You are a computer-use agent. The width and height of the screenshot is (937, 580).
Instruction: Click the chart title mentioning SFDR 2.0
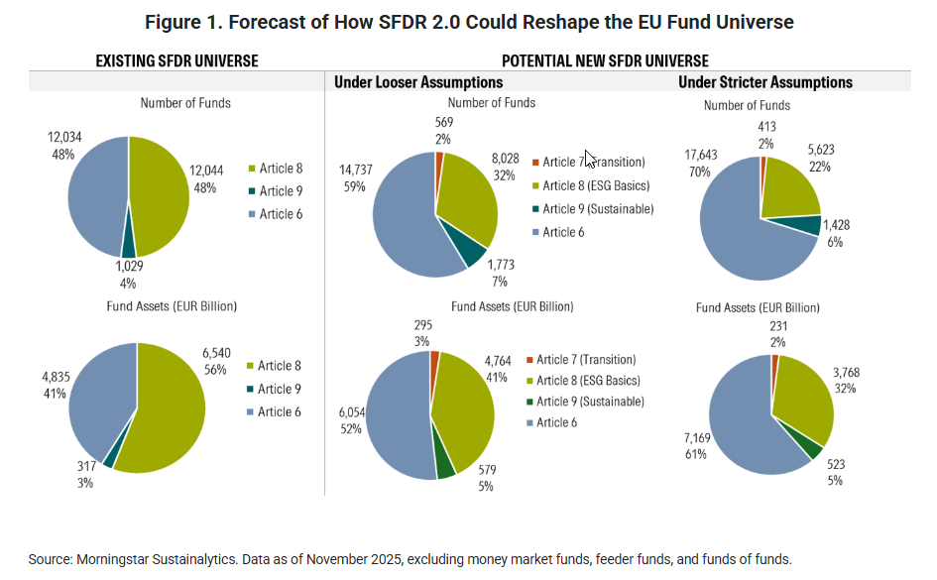[x=469, y=22]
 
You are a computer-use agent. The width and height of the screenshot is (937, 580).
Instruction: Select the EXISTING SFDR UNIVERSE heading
[x=176, y=60]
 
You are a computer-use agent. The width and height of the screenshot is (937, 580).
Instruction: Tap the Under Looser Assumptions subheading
[x=418, y=82]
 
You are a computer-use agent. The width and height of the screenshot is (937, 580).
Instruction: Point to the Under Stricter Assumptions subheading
[x=765, y=82]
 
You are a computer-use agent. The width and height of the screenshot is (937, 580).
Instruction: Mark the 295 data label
[x=423, y=325]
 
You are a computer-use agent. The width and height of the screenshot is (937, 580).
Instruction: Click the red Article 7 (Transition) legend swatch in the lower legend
[x=531, y=360]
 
